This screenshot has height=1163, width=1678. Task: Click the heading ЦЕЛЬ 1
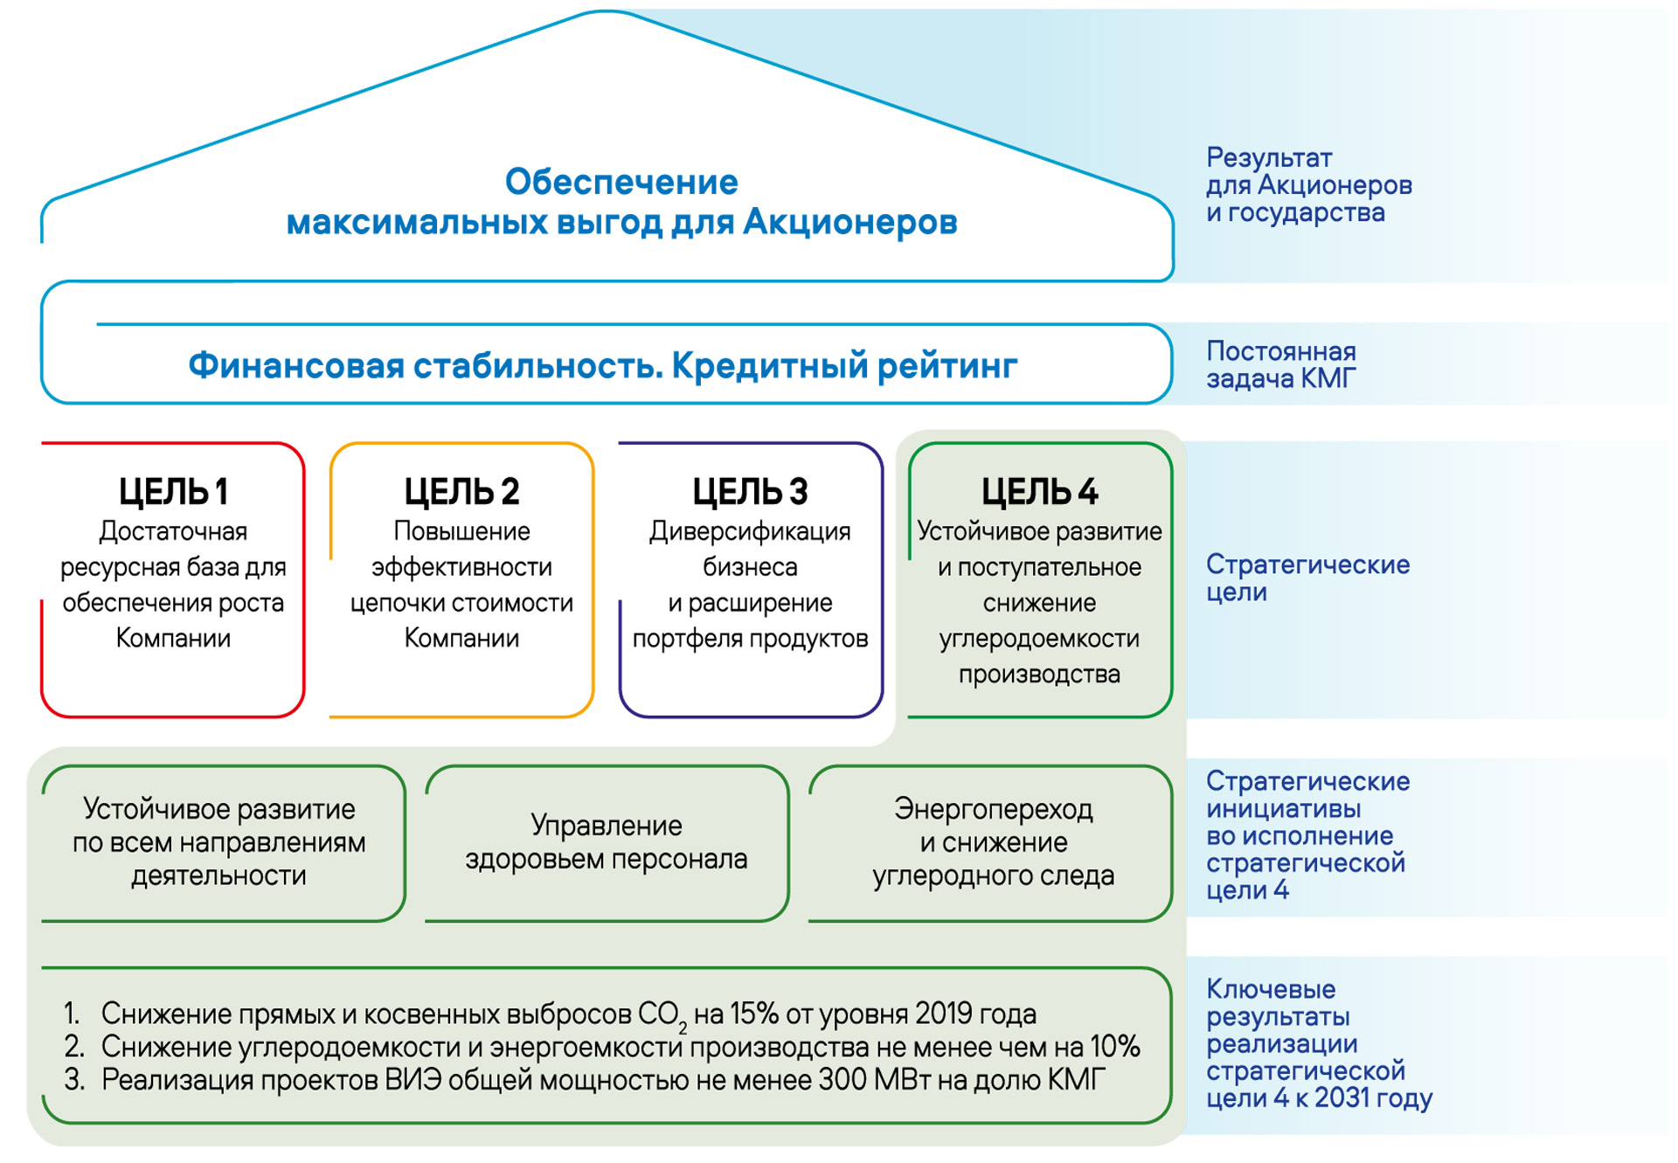tap(173, 492)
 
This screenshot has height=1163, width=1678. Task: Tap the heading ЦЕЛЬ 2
tap(461, 492)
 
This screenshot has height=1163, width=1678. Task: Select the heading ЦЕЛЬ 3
tap(750, 492)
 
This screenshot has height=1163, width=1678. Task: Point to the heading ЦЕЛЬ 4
tap(1039, 492)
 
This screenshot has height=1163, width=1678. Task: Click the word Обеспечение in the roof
tap(621, 182)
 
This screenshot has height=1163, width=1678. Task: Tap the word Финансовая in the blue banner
tap(295, 365)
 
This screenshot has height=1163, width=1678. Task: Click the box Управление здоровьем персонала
tap(607, 843)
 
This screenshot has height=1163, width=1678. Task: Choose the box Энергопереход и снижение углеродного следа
tap(991, 843)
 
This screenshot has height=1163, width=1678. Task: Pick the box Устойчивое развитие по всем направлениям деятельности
tap(223, 843)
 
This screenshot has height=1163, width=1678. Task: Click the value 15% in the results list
tap(754, 1014)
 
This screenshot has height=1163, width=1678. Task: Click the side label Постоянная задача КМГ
tap(1281, 364)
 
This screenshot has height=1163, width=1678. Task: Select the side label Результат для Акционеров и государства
tap(1309, 185)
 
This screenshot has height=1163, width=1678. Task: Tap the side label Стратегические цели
tap(1308, 578)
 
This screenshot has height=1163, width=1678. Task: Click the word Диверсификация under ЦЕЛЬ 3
tap(750, 531)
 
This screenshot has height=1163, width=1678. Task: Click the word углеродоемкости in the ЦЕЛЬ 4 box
tap(1039, 639)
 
